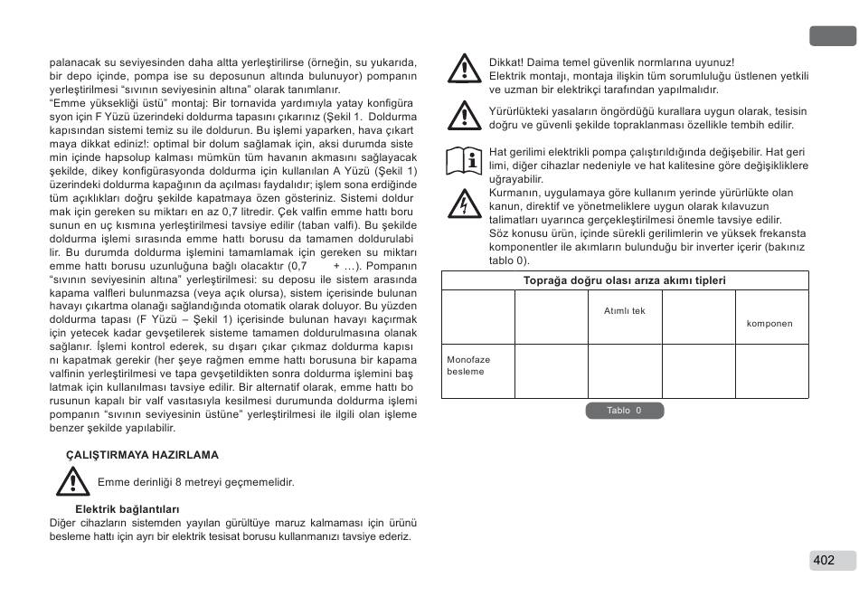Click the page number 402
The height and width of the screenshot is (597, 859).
pyautogui.click(x=824, y=560)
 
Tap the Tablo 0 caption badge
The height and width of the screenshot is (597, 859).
pyautogui.click(x=624, y=411)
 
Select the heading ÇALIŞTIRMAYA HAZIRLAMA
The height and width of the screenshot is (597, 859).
pyautogui.click(x=142, y=454)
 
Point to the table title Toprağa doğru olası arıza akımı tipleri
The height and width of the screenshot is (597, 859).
pyautogui.click(x=625, y=281)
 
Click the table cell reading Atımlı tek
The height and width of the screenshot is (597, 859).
pyautogui.click(x=625, y=311)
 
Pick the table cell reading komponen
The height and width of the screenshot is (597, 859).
pyautogui.click(x=769, y=324)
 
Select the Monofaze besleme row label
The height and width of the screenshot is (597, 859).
pyautogui.click(x=468, y=365)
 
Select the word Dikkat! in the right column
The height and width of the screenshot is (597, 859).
pyautogui.click(x=506, y=62)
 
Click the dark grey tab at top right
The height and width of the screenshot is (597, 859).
pyautogui.click(x=832, y=36)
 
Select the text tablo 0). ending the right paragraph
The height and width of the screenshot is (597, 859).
pyautogui.click(x=510, y=260)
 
